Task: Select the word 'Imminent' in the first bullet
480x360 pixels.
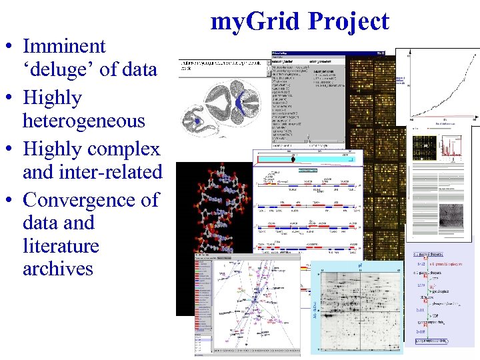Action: tap(64, 46)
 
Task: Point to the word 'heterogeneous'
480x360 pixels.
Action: tap(83, 121)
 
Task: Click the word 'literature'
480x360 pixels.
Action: tap(61, 245)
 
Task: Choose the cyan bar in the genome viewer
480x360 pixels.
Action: tap(307, 159)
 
